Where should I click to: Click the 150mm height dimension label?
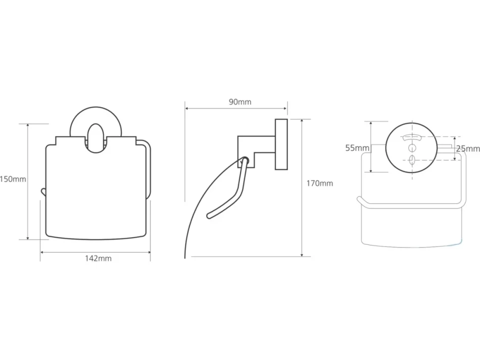tap(13, 179)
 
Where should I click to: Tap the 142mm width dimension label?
tap(98, 259)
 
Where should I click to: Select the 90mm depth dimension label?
tap(240, 102)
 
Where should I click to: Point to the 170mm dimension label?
tap(320, 183)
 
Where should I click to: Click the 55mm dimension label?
tap(357, 148)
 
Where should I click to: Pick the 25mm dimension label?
tap(468, 149)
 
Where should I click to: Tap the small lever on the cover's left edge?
tap(43, 192)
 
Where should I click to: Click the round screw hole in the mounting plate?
tap(412, 148)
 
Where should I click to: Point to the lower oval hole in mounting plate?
tap(412, 160)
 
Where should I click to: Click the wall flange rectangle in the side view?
tap(281, 144)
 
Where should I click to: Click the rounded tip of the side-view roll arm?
tap(209, 215)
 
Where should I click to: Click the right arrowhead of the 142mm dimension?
tap(149, 252)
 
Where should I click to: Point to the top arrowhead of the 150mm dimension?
tap(28, 126)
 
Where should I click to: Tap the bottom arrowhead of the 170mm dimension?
tap(302, 255)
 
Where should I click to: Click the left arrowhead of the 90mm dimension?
tap(187, 108)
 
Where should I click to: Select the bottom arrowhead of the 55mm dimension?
tap(371, 170)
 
